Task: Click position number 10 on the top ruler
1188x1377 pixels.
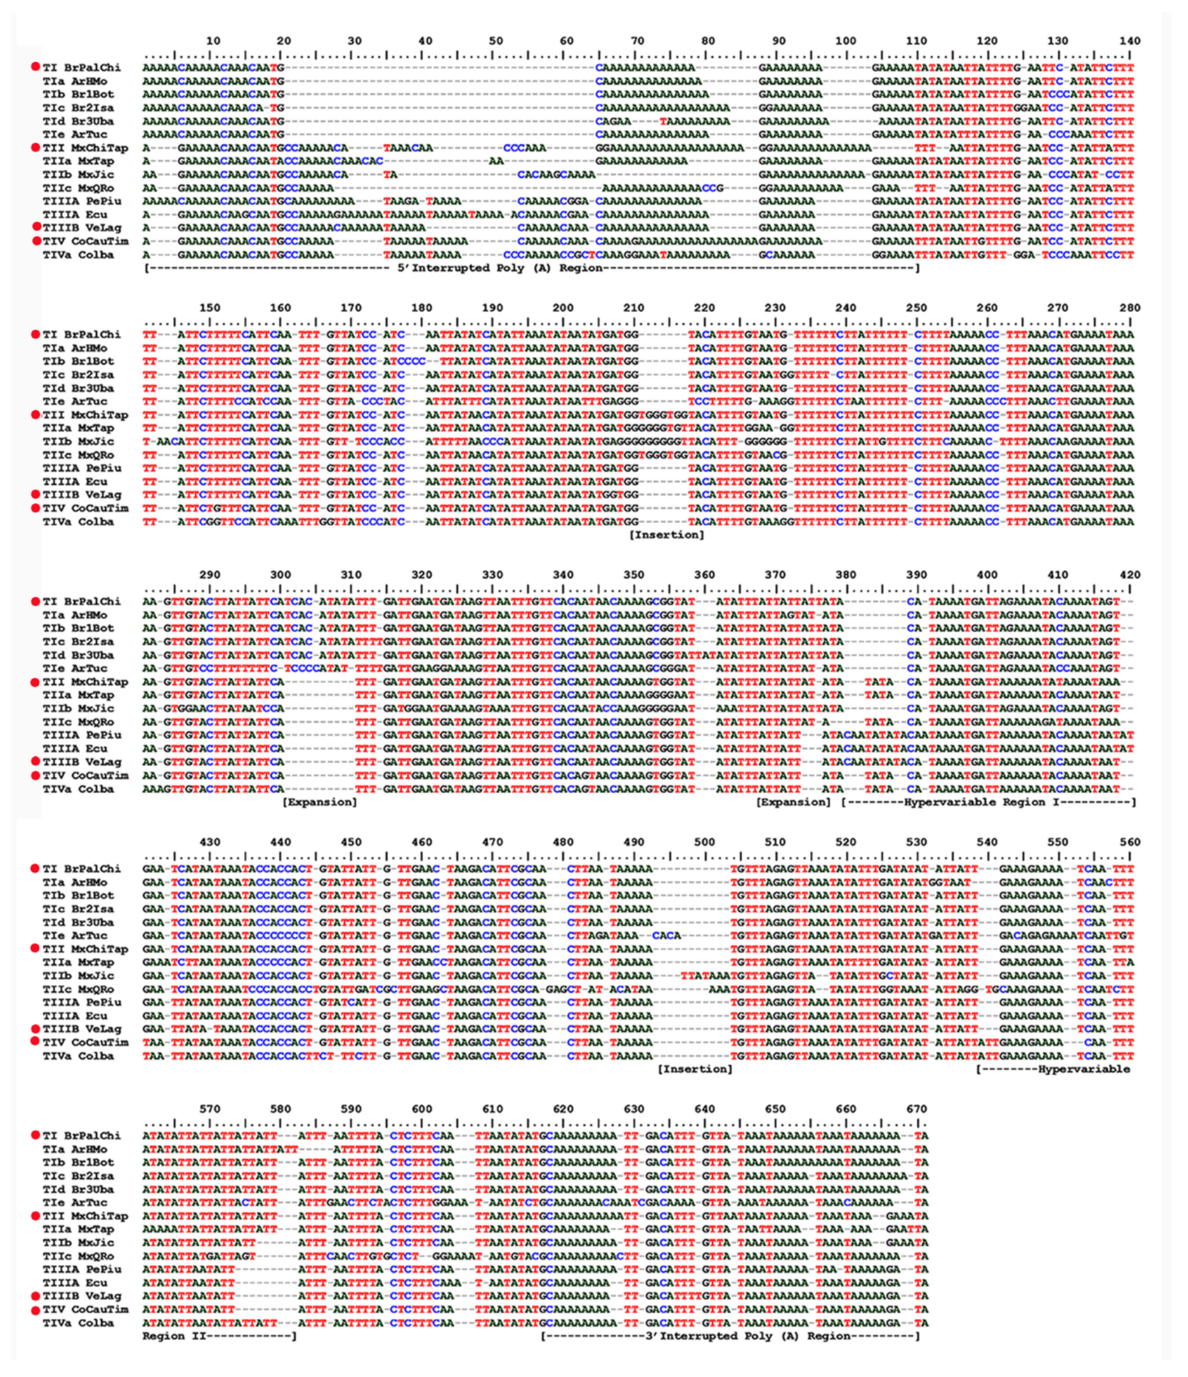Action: (213, 41)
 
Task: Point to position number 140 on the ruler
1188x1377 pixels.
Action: (1130, 41)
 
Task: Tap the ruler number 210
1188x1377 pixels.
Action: (633, 308)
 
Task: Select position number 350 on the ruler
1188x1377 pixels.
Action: (633, 575)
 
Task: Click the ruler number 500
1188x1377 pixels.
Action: (704, 842)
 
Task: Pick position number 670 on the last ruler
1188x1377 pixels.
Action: (916, 1109)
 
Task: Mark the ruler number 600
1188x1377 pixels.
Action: (421, 1109)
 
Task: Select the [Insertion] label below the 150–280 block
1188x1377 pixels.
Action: (666, 535)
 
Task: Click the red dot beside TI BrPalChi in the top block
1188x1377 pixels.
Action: (35, 67)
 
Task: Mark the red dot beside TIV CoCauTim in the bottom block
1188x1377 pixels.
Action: (35, 1310)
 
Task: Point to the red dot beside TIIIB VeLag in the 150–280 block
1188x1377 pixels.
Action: (35, 494)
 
